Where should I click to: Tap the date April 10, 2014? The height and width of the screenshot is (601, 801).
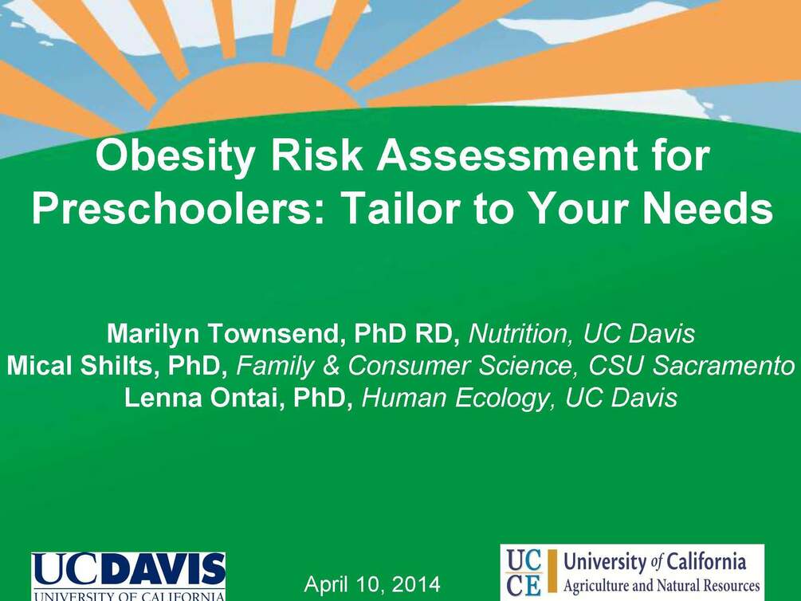[371, 584]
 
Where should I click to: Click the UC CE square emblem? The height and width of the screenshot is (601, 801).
[524, 572]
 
